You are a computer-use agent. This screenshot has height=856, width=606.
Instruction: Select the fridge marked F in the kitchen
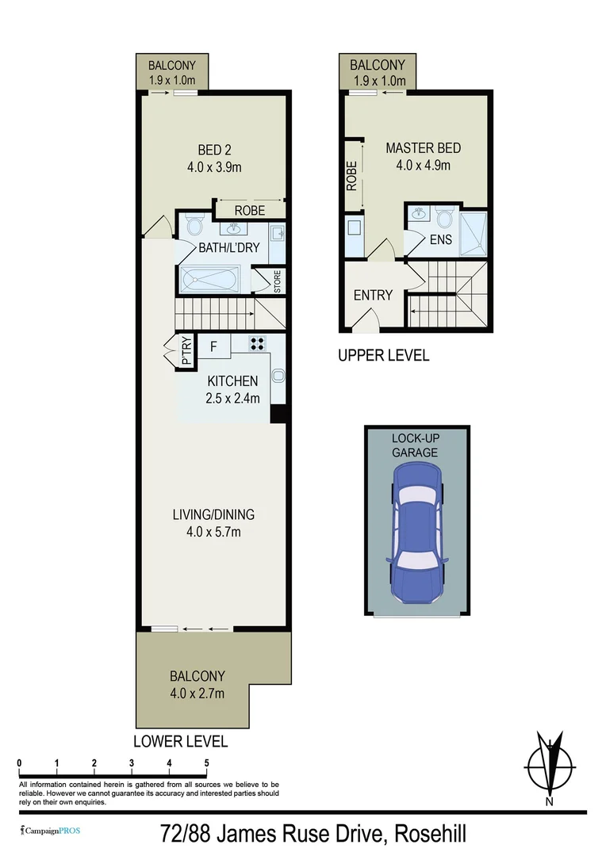tap(213, 346)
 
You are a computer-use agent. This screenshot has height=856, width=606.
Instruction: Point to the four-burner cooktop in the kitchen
tap(258, 343)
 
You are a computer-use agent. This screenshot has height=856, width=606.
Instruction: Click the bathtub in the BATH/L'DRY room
tap(209, 281)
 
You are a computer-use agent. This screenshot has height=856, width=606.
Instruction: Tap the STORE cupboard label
tap(278, 282)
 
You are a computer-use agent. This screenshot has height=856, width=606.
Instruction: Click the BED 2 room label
tap(213, 150)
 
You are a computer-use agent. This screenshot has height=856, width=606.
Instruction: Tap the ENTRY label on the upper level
tap(373, 295)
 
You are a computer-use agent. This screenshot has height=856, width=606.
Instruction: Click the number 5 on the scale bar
tap(206, 762)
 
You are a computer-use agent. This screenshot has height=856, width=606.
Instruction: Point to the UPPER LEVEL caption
tap(383, 355)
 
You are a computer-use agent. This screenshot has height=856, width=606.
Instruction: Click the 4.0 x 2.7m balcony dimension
tap(197, 694)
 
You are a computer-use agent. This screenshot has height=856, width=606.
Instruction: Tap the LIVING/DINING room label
tap(213, 514)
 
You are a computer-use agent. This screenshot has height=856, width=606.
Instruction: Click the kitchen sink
tap(278, 376)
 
